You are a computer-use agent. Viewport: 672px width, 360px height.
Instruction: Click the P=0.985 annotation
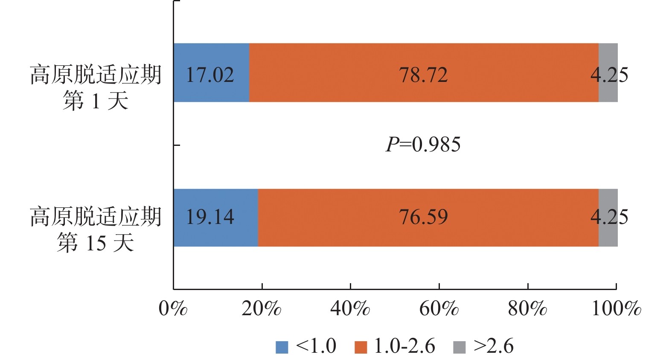[x=423, y=145]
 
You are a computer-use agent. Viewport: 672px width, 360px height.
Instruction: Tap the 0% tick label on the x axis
[x=173, y=308]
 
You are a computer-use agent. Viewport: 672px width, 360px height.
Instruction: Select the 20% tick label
[x=261, y=308]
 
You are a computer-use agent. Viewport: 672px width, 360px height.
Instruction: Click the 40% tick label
[x=350, y=308]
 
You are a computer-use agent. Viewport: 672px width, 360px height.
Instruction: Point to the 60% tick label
[x=439, y=308]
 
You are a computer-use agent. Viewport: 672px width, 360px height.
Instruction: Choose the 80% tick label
[x=527, y=308]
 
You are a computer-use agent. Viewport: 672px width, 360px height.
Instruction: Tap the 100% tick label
[x=616, y=308]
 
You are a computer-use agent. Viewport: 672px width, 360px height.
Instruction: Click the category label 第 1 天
[x=96, y=102]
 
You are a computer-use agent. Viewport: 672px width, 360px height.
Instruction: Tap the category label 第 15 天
[x=96, y=243]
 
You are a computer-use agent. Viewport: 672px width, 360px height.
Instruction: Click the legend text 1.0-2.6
[x=404, y=346]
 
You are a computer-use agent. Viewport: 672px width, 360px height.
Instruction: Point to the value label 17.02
[x=210, y=75]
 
